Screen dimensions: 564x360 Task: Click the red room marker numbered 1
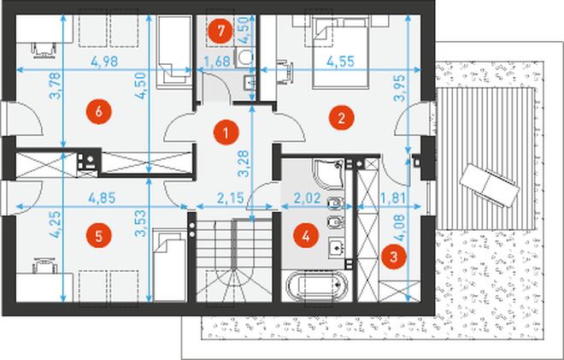226,133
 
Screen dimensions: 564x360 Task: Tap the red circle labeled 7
220,31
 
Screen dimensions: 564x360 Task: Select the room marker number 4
306,236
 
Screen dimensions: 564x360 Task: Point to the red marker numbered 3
394,257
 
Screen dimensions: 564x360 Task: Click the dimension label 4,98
104,62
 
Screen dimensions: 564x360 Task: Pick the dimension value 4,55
340,62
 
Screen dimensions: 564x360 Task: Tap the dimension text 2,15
231,198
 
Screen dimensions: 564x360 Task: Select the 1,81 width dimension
393,198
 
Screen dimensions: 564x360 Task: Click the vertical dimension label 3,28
244,163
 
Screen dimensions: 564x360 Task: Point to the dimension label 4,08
399,228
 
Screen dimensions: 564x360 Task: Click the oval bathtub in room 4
317,286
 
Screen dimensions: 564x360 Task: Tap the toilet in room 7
244,57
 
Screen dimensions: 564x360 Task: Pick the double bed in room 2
341,52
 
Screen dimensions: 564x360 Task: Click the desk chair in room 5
44,264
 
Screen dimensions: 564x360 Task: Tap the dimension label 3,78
55,86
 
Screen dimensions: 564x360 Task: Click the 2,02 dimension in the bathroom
307,198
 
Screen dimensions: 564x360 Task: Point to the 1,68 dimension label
217,62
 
